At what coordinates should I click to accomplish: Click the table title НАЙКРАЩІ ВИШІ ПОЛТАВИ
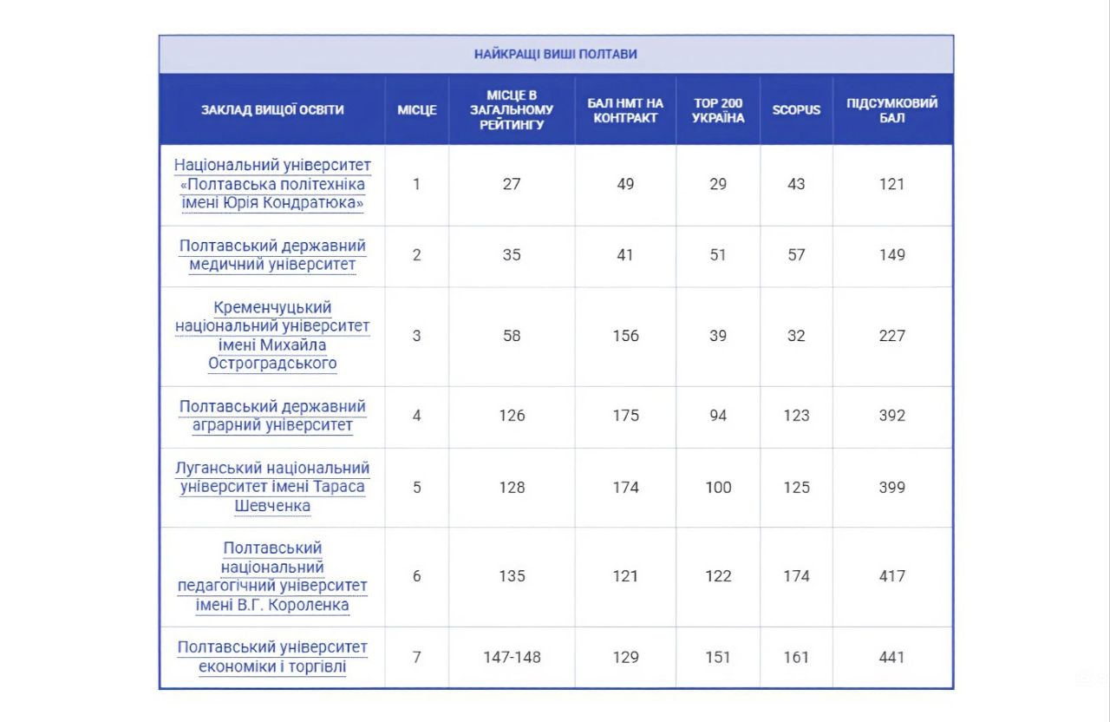[x=556, y=54]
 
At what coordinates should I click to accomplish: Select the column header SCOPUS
[x=796, y=110]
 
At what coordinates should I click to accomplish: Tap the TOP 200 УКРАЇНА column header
[x=718, y=110]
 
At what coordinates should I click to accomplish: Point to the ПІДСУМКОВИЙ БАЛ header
[x=892, y=110]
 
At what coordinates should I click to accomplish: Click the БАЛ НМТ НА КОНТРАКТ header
[x=625, y=110]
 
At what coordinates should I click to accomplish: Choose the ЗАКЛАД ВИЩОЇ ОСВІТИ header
[x=272, y=110]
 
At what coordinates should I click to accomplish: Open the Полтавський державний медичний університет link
[x=272, y=255]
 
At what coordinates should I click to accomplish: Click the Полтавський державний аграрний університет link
[x=272, y=416]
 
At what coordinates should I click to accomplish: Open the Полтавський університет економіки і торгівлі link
[x=272, y=657]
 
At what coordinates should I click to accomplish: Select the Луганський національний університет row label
[x=272, y=487]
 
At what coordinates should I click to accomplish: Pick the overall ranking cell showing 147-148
[x=512, y=657]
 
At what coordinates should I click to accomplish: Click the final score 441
[x=892, y=657]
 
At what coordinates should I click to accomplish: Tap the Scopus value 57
[x=796, y=255]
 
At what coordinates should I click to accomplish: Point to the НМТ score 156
[x=625, y=336]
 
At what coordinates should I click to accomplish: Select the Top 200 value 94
[x=718, y=416]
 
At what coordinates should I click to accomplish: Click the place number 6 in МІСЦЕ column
[x=417, y=576]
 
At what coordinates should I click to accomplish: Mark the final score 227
[x=892, y=336]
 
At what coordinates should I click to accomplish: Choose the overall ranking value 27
[x=512, y=184]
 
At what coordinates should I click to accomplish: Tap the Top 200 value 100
[x=718, y=488]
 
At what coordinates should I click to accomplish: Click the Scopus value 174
[x=796, y=576]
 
